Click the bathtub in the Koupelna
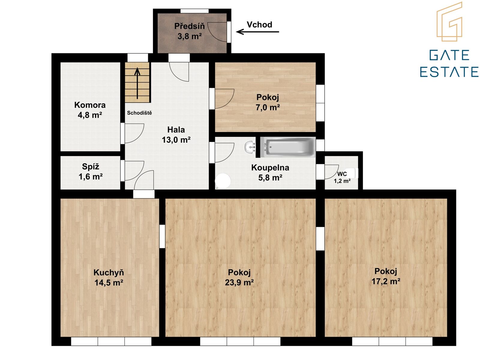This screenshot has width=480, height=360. pyautogui.click(x=288, y=147)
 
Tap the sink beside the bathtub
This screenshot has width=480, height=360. pyautogui.click(x=250, y=147)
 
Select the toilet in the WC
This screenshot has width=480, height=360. pyautogui.click(x=352, y=173)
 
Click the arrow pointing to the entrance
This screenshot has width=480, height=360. pyautogui.click(x=258, y=32)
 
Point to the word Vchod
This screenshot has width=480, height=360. pyautogui.click(x=259, y=25)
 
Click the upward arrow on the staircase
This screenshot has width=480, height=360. pyautogui.click(x=137, y=83)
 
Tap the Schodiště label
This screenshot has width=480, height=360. pyautogui.click(x=139, y=113)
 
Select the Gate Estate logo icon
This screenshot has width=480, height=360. pyautogui.click(x=449, y=21)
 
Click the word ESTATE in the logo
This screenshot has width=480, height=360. pyautogui.click(x=449, y=72)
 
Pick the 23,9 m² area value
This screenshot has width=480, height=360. pyautogui.click(x=239, y=282)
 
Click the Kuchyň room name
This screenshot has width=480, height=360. pyautogui.click(x=109, y=272)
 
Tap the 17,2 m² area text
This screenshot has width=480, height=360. pyautogui.click(x=386, y=281)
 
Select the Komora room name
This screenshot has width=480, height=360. pyautogui.click(x=90, y=105)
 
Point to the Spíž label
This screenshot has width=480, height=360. pyautogui.click(x=91, y=166)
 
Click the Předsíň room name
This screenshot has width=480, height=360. pyautogui.click(x=189, y=26)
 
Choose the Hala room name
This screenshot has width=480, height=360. pyautogui.click(x=176, y=130)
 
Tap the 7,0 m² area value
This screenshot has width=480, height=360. pyautogui.click(x=268, y=107)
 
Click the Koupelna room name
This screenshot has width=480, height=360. pyautogui.click(x=270, y=168)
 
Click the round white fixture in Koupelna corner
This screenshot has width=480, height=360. pyautogui.click(x=223, y=181)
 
